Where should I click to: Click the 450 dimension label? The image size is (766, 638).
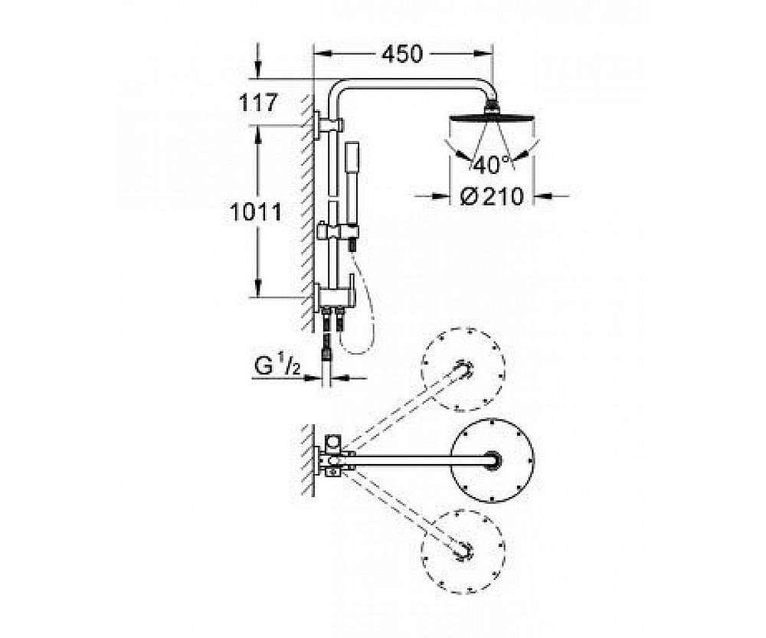401,54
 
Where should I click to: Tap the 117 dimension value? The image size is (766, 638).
258,103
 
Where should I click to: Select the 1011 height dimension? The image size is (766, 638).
256,212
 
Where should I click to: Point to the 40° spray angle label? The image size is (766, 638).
491,165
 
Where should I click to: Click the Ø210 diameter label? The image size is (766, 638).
492,197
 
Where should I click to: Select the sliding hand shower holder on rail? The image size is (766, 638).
337,231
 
